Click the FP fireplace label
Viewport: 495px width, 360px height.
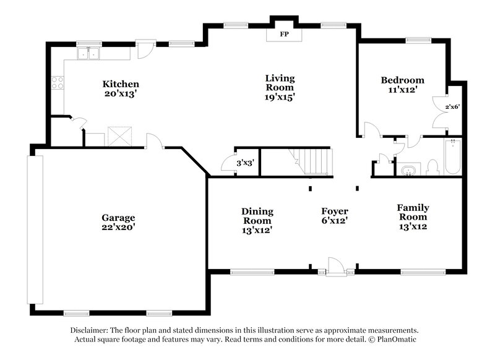pyautogui.click(x=285, y=34)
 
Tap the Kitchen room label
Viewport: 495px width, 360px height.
pyautogui.click(x=121, y=84)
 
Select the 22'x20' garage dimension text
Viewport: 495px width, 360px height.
pyautogui.click(x=118, y=227)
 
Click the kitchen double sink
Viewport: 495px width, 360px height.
pyautogui.click(x=89, y=54)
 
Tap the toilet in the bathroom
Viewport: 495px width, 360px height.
pyautogui.click(x=433, y=167)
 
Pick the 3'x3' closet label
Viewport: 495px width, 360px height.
pyautogui.click(x=246, y=163)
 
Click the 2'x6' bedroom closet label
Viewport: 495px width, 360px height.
pyautogui.click(x=452, y=106)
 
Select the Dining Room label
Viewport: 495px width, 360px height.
pyautogui.click(x=257, y=216)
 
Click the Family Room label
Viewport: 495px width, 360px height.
pyautogui.click(x=413, y=212)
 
